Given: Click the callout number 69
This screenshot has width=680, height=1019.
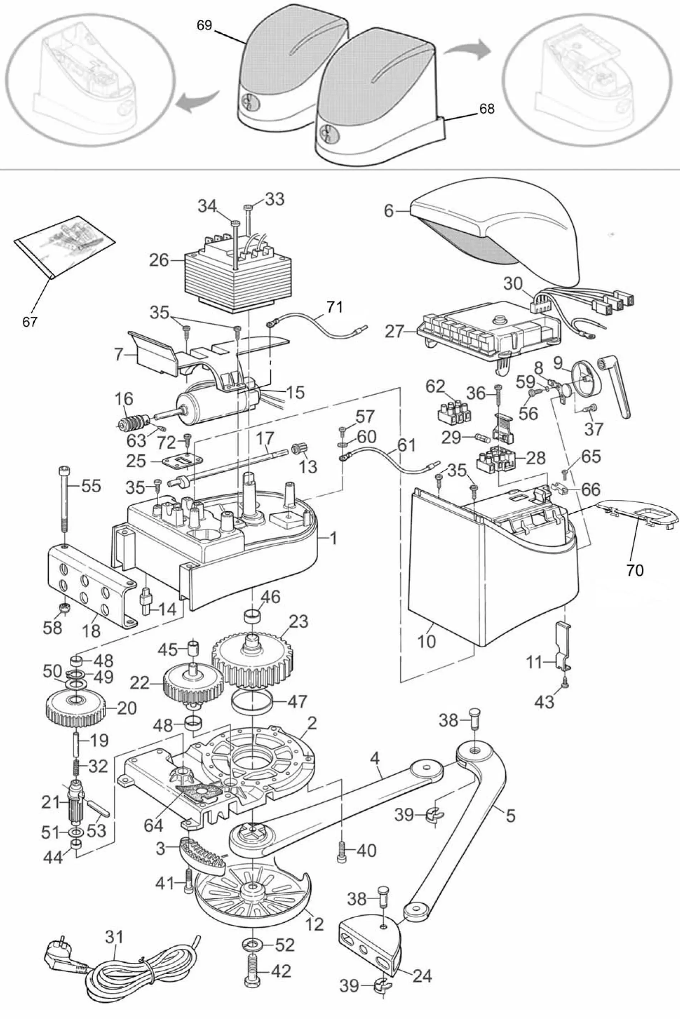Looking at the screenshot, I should coord(204,25).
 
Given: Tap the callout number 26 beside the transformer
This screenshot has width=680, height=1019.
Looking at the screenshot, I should coord(159,261).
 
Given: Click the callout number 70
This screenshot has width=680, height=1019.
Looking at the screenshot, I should coord(635,570).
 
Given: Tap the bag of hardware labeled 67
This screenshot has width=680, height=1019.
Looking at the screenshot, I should coord(65,248).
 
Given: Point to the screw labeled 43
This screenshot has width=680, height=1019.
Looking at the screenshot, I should coord(565,684).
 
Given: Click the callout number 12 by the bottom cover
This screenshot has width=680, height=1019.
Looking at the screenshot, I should coord(314,924).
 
